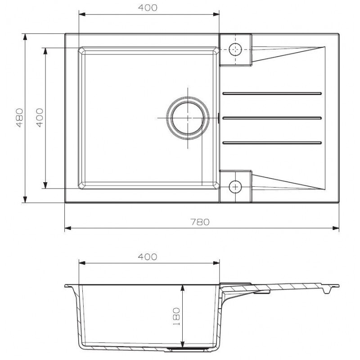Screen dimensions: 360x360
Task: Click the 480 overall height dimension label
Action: [19, 117]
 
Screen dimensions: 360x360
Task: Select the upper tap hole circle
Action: [235, 49]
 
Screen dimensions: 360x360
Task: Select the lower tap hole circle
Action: [235, 186]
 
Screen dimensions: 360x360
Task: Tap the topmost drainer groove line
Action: [272, 94]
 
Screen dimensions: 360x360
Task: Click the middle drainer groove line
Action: [272, 118]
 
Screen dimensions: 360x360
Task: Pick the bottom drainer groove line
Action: [272, 143]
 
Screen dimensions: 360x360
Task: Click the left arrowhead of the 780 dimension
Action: [68, 228]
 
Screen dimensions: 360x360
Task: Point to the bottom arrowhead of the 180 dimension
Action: [182, 343]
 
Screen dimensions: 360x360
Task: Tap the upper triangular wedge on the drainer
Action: [288, 54]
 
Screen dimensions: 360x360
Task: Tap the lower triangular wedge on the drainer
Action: [288, 181]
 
